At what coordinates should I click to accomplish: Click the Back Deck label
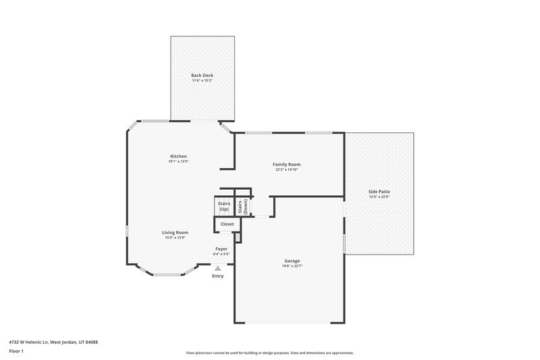[202, 75]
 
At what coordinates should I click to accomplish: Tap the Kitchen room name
[178, 156]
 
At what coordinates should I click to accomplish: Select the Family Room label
[286, 164]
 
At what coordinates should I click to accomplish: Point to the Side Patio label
[379, 192]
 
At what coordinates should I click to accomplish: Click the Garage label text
[292, 261]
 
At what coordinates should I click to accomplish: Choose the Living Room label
[175, 232]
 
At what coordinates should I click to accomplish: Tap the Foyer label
[221, 249]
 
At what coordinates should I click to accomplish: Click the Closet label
[227, 224]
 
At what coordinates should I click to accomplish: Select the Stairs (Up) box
[223, 207]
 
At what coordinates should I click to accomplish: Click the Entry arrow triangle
[217, 268]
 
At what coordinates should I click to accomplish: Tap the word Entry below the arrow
[217, 276]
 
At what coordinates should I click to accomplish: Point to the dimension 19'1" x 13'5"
[178, 161]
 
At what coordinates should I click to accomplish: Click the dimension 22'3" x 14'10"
[286, 170]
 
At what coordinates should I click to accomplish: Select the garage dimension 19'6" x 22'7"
[292, 266]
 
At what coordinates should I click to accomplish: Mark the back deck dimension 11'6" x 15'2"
[202, 80]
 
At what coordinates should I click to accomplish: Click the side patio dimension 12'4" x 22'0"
[379, 197]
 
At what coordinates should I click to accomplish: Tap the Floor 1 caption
[16, 351]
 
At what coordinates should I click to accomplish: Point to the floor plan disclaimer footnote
[269, 353]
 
